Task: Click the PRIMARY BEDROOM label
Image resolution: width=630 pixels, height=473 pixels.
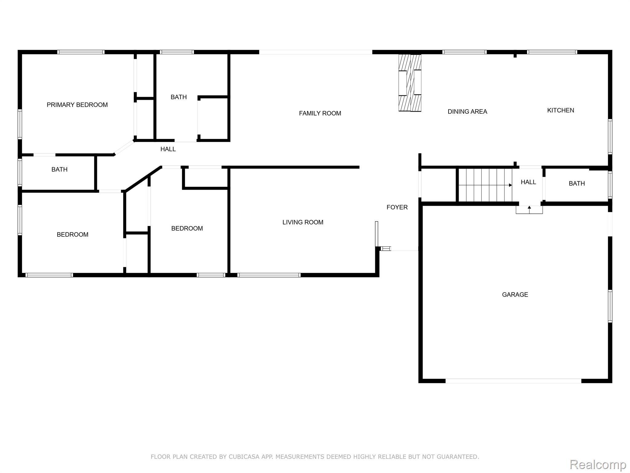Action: (x=77, y=105)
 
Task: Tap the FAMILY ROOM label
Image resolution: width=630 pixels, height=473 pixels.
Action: (x=320, y=113)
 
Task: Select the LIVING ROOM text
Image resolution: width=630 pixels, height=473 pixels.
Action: (x=303, y=222)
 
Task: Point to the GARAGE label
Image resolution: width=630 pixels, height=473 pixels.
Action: (x=515, y=295)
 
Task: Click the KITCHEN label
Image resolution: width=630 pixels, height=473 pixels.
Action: (x=560, y=110)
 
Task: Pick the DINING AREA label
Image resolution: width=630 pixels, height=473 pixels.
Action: (x=467, y=111)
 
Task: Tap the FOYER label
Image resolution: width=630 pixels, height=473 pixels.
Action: (x=397, y=207)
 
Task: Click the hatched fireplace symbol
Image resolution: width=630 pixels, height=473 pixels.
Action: (x=410, y=83)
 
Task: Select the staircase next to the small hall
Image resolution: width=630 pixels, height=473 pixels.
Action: (x=485, y=185)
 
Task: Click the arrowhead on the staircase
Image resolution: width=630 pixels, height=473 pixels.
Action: (x=510, y=185)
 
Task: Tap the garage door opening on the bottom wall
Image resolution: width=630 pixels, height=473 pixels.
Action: (x=513, y=381)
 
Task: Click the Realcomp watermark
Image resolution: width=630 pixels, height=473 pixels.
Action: (x=598, y=464)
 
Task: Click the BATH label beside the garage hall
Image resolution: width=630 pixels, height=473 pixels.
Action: (x=577, y=184)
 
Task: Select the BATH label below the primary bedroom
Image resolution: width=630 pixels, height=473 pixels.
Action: (x=59, y=169)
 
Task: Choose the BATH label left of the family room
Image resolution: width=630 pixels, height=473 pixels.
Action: (x=179, y=97)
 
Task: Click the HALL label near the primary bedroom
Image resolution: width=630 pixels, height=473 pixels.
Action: (x=168, y=149)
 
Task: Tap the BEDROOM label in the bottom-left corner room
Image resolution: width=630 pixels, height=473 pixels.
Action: (x=73, y=235)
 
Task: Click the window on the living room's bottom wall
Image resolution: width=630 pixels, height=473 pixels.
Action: (x=269, y=275)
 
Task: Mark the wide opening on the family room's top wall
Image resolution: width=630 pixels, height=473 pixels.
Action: (x=316, y=52)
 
